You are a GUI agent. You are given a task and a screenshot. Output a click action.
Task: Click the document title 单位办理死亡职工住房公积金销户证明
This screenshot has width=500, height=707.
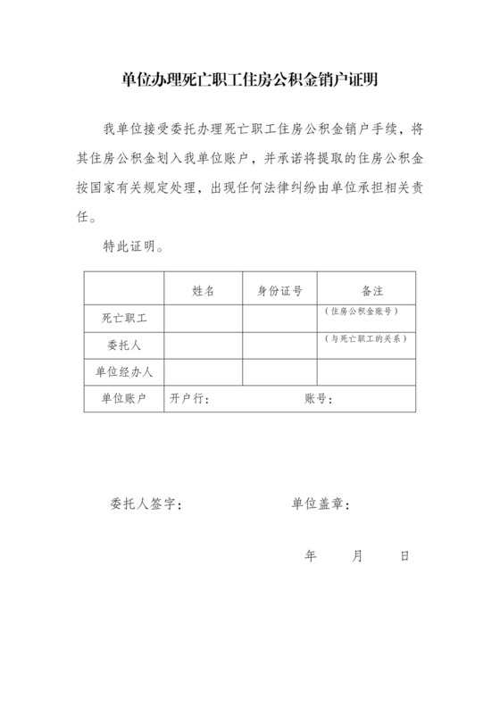[249, 80]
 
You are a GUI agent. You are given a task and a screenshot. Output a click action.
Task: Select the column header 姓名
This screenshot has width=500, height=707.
[203, 290]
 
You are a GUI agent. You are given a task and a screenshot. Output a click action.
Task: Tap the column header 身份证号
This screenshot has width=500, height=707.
[279, 290]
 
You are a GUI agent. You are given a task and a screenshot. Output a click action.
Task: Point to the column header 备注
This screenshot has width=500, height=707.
[366, 290]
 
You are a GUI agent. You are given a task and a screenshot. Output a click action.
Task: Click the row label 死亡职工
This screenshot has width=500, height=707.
[124, 317]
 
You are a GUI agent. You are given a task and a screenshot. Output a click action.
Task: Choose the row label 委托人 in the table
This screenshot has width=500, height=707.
[124, 345]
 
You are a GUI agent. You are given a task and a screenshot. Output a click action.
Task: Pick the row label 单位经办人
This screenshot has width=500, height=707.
[124, 371]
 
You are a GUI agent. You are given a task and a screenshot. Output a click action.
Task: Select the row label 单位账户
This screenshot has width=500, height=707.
[124, 398]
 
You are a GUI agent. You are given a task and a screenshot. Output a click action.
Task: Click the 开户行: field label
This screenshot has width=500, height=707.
[189, 399]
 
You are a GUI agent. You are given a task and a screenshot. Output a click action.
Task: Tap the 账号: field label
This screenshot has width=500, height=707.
[319, 399]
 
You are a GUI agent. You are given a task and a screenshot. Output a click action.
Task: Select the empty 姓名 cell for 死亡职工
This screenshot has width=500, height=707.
[203, 318]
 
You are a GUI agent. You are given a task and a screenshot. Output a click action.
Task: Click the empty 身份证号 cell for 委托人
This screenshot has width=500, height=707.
[279, 345]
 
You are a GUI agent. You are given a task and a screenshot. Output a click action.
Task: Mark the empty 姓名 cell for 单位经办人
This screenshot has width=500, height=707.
[203, 371]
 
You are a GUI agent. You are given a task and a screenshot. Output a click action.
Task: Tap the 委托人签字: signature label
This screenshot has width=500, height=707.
[146, 503]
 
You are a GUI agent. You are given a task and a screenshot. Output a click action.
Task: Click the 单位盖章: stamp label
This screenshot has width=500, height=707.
[320, 503]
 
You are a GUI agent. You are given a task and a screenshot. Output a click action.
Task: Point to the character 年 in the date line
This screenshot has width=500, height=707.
[311, 555]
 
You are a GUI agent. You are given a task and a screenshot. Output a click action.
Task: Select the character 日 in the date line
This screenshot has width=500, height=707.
[404, 555]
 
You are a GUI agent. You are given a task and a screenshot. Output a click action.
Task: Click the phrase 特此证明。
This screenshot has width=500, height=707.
[132, 245]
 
